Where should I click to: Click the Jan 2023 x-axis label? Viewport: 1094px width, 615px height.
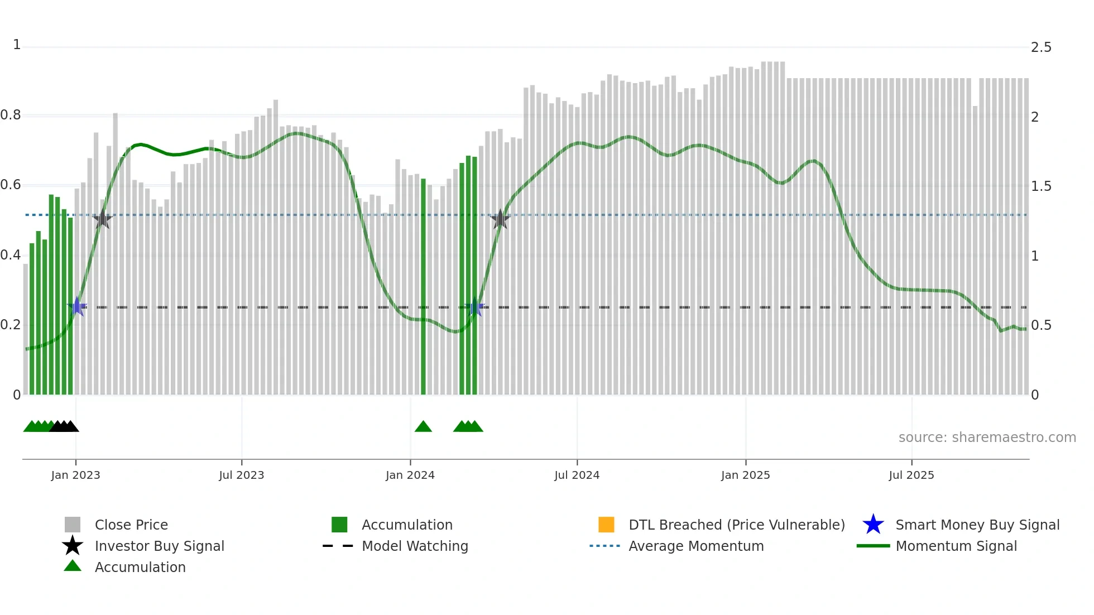point(75,475)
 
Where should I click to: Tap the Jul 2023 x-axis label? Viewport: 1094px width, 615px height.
point(241,475)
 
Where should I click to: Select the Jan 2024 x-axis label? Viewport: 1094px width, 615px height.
point(410,475)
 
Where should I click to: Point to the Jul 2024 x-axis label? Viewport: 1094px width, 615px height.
point(577,475)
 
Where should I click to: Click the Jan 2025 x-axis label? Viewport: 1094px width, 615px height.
point(745,475)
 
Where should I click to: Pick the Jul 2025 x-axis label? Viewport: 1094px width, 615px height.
point(911,475)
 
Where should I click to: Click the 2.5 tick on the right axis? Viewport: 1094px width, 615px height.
point(1041,47)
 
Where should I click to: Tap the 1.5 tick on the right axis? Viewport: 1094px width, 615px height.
point(1041,186)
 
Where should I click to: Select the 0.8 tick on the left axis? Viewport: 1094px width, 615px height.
point(11,116)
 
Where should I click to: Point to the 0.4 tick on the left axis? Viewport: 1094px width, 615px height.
point(11,255)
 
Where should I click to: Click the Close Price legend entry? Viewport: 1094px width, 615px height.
point(131,525)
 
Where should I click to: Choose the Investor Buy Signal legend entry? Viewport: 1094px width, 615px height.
point(159,546)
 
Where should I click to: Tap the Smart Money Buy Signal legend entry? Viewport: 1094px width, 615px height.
point(977,525)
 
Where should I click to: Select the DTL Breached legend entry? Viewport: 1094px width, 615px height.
point(736,525)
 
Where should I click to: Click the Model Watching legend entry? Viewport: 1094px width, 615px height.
point(415,546)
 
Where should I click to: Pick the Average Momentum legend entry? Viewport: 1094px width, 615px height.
point(696,546)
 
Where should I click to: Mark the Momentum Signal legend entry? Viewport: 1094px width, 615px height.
point(956,546)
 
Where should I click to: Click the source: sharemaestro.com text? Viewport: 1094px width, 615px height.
point(987,438)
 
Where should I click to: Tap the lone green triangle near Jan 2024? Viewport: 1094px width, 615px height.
point(423,427)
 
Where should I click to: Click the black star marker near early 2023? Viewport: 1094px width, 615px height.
point(102,219)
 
